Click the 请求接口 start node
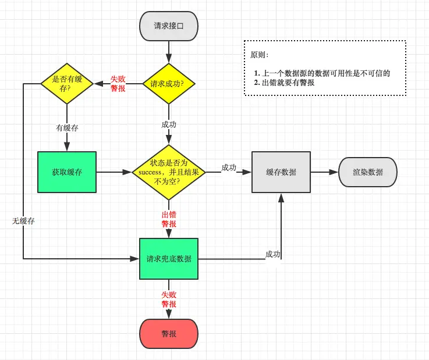tap(169, 26)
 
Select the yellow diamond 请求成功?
tap(169, 84)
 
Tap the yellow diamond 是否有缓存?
tap(67, 84)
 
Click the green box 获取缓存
tap(67, 172)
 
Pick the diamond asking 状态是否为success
tap(169, 172)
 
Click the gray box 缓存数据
tap(281, 172)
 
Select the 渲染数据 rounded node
tap(368, 172)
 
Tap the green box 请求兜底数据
tap(169, 259)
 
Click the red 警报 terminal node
tap(169, 334)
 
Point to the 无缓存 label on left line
tap(23, 221)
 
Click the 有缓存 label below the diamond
tap(67, 128)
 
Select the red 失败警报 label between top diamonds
tap(118, 84)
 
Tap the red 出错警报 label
tap(169, 219)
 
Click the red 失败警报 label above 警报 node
tap(169, 300)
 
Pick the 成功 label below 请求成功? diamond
tap(169, 124)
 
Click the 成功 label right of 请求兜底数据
tap(272, 254)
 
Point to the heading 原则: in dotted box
tap(260, 55)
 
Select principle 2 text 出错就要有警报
tap(288, 83)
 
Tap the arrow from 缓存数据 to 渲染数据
tap(324, 172)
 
